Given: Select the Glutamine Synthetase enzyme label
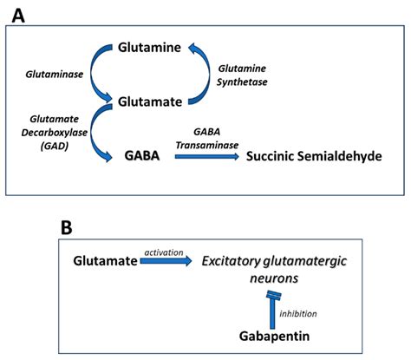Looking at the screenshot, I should coord(243,75).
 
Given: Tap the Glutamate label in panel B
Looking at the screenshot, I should coord(104,260).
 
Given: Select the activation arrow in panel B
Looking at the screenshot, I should coord(166,262).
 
